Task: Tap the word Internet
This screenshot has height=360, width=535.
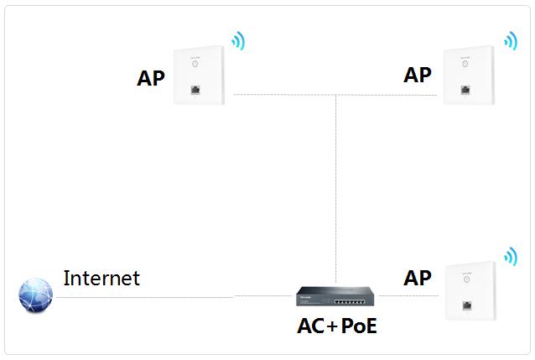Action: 101,278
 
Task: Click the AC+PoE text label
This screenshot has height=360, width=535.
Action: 337,326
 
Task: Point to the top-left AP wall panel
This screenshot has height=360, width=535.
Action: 199,74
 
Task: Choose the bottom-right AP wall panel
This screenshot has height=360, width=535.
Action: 472,293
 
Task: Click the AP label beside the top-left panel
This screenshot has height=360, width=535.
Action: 151,79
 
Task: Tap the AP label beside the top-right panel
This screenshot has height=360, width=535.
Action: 418,75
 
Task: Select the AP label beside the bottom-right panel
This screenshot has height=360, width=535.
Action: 418,278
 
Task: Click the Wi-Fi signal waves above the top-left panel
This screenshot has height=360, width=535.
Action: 240,40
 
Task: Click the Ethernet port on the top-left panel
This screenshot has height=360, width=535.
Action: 195,88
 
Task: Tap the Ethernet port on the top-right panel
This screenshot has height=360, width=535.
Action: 464,88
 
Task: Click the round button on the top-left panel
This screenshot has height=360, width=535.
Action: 195,62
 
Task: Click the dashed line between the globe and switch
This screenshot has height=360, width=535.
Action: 143,297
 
